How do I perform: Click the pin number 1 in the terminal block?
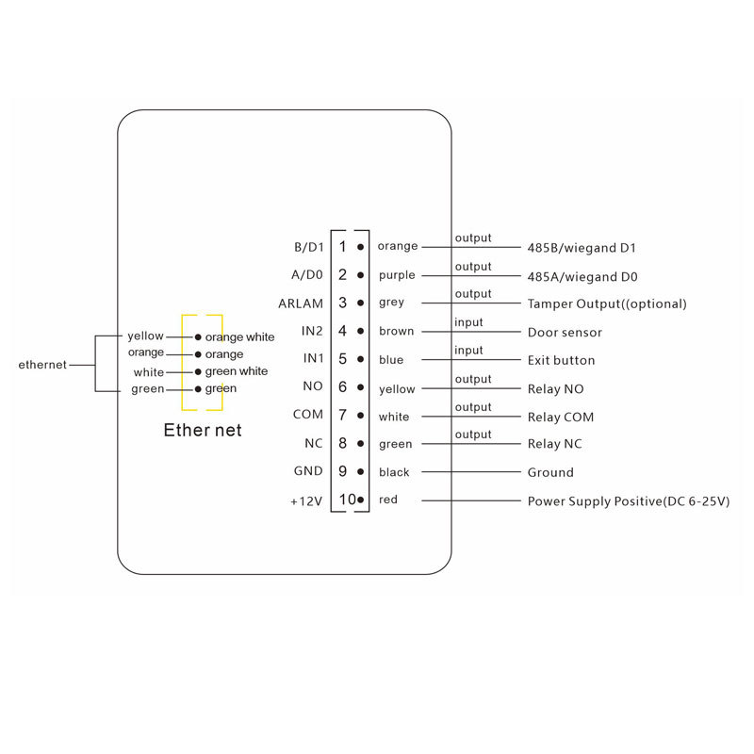[x=342, y=247]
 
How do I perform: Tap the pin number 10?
[x=348, y=500]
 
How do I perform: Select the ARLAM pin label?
[x=301, y=303]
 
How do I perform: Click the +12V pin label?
[x=306, y=501]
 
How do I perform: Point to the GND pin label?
[x=308, y=470]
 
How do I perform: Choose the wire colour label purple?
[x=397, y=275]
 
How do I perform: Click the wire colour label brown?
[x=396, y=331]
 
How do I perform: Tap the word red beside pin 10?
[x=388, y=500]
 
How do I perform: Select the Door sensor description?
[x=565, y=333]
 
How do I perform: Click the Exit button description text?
[x=561, y=360]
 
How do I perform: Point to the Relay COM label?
[x=561, y=417]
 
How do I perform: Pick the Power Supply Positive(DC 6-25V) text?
[x=629, y=501]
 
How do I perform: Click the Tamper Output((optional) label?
[x=607, y=303]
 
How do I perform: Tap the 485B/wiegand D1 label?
[x=582, y=248]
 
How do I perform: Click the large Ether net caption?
[x=203, y=430]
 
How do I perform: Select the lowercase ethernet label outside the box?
[x=42, y=365]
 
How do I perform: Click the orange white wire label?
[x=240, y=337]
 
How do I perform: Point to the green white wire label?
[x=237, y=371]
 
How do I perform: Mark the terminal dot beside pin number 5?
[x=360, y=359]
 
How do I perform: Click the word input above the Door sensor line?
[x=468, y=322]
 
